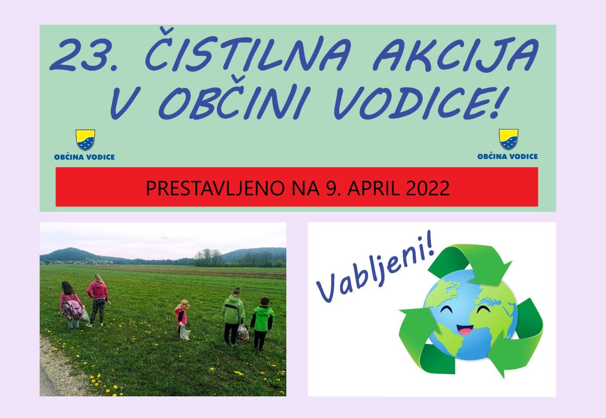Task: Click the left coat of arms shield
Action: pyautogui.click(x=85, y=140)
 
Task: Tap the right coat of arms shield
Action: pyautogui.click(x=509, y=139)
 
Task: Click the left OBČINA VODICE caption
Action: pyautogui.click(x=84, y=157)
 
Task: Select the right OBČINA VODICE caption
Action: pyautogui.click(x=508, y=156)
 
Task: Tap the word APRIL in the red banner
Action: pyautogui.click(x=373, y=188)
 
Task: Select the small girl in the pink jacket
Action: pyautogui.click(x=181, y=315)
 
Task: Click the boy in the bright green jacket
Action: pyautogui.click(x=262, y=323)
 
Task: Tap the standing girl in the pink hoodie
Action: pyautogui.click(x=97, y=300)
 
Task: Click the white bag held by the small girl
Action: pyautogui.click(x=185, y=333)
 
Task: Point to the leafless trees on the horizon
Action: pyautogui.click(x=208, y=257)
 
